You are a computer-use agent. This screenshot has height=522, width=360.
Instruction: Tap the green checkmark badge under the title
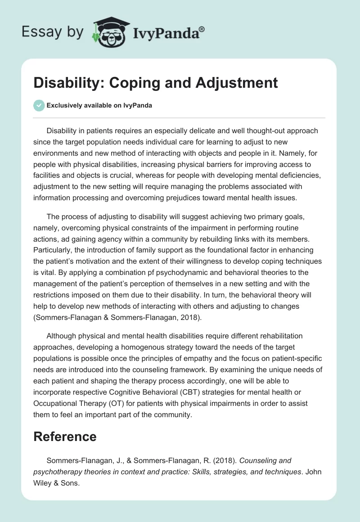39,105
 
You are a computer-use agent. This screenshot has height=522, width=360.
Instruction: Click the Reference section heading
65,436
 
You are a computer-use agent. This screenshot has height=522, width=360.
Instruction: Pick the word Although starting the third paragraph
63,336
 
